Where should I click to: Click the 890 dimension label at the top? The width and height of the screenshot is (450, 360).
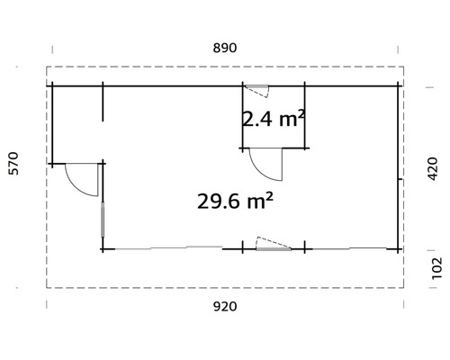pos(224,49)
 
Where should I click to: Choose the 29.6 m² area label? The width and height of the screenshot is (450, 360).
pos(234,201)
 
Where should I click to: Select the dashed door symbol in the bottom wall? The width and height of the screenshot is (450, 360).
pos(269,244)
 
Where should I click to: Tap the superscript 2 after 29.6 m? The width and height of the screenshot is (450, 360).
pos(270,193)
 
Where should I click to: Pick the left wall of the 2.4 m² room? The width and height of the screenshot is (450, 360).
pos(241,117)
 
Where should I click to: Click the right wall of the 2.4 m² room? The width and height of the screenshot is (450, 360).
pos(306,117)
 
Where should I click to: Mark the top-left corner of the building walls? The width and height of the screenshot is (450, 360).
pos(52,85)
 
